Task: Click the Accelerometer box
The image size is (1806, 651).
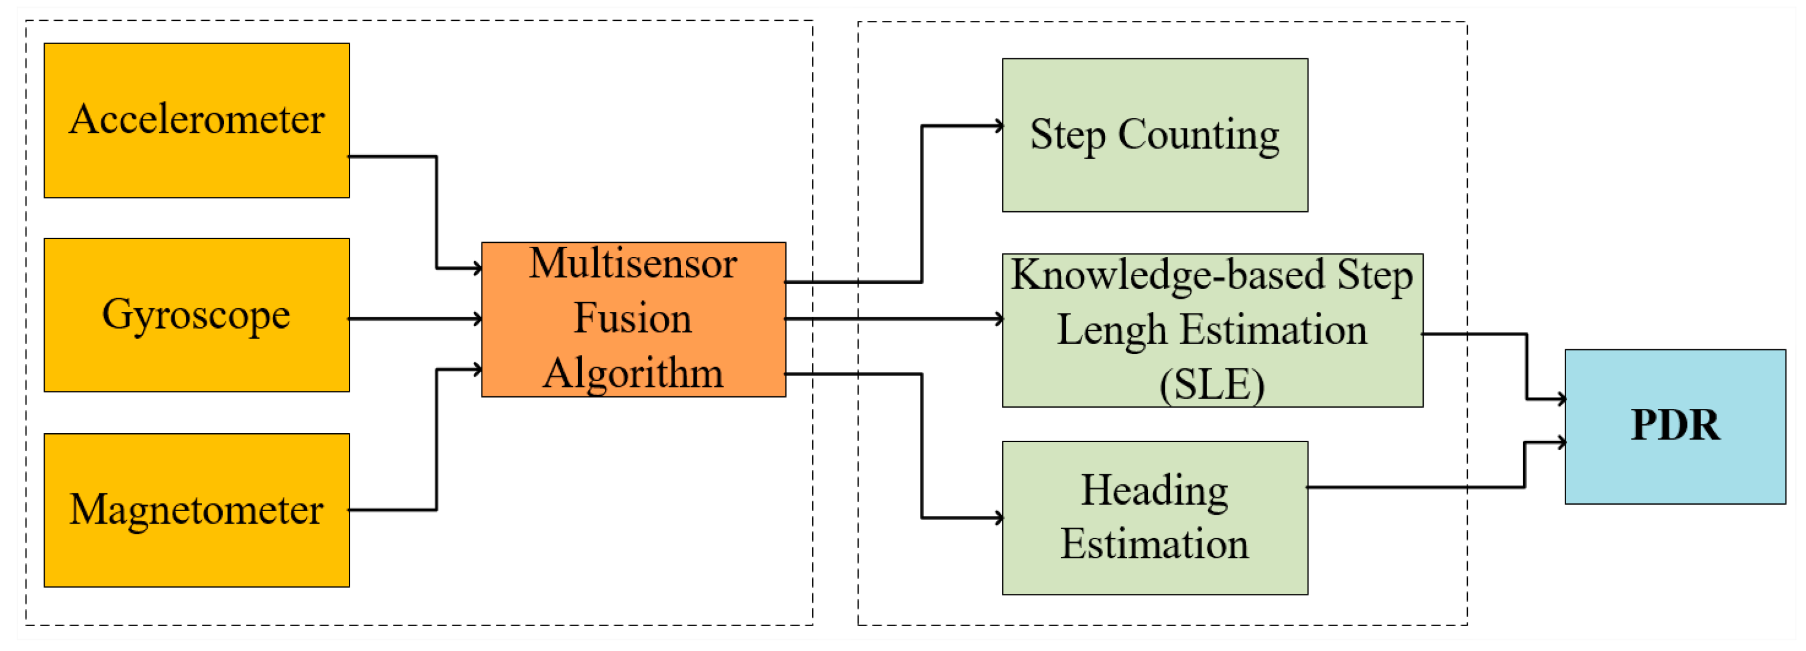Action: click(x=196, y=121)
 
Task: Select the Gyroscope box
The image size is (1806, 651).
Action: click(x=196, y=315)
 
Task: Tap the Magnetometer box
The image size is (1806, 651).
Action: click(x=196, y=509)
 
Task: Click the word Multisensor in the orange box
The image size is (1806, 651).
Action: click(x=632, y=264)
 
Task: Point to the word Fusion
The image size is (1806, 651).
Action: click(x=632, y=318)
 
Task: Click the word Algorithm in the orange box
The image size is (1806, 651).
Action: click(x=632, y=373)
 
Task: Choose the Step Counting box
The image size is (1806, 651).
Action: click(x=1154, y=134)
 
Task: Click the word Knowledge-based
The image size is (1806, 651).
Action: click(x=1167, y=275)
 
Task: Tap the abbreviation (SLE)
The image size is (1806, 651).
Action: click(x=1212, y=385)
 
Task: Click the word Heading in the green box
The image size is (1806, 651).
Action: click(x=1154, y=490)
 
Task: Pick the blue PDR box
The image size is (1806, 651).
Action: click(x=1674, y=426)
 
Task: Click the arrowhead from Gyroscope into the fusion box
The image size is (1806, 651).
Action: click(x=478, y=319)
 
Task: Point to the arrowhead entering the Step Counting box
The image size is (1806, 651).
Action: click(x=999, y=126)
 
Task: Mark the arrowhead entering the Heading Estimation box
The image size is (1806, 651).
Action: click(x=999, y=518)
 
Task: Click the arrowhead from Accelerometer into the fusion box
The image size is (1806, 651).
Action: click(x=478, y=268)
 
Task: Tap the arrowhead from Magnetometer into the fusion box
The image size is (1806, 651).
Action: click(x=478, y=370)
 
